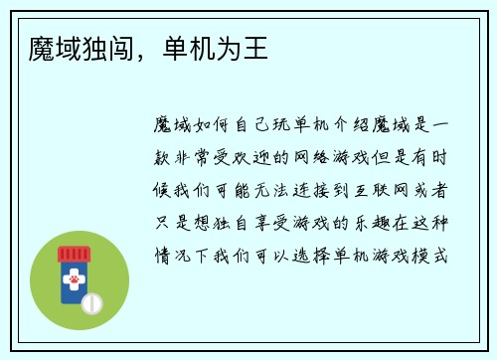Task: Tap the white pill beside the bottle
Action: click(x=90, y=301)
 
